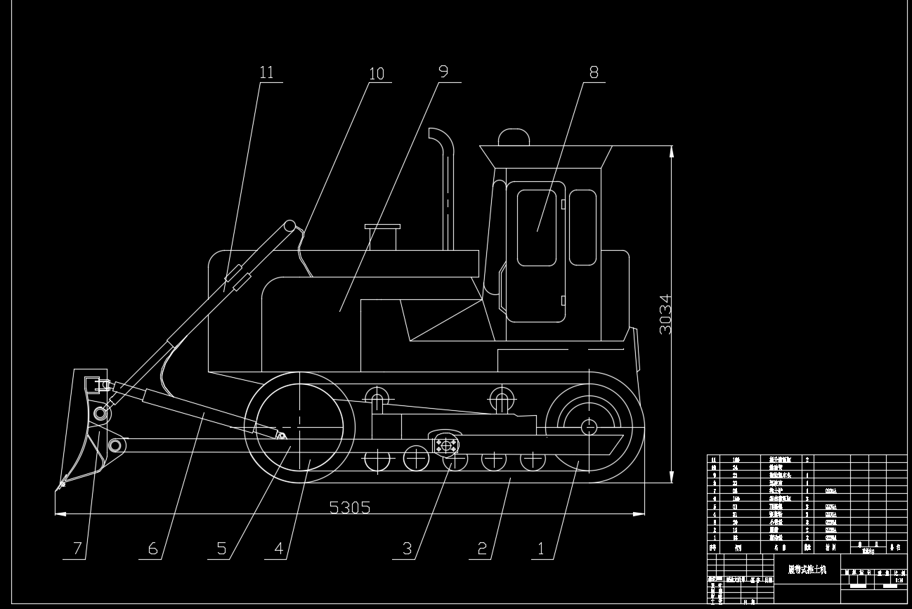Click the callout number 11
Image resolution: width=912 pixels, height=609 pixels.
pos(266,72)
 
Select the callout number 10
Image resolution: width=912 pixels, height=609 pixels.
pos(377,74)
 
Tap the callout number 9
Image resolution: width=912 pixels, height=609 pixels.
pos(443,71)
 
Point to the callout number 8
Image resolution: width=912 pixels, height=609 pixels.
pos(594,71)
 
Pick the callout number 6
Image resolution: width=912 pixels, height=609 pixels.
pos(152,548)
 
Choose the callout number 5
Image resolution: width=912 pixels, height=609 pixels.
pos(222,548)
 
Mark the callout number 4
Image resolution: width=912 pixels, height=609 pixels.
pos(279,548)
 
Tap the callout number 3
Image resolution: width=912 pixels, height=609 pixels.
pos(407,548)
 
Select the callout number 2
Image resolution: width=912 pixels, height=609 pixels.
pos(482,548)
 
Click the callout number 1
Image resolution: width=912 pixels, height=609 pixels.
pos(541,548)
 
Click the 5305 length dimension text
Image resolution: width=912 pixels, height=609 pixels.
pos(350,507)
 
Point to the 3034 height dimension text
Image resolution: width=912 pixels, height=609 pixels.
pos(665,314)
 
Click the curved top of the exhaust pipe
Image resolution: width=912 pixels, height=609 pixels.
pos(440,135)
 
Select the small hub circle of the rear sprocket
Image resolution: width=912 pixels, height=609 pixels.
pos(588,426)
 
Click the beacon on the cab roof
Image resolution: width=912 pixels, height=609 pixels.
pos(514,137)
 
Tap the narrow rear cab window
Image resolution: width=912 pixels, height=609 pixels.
pos(582,228)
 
